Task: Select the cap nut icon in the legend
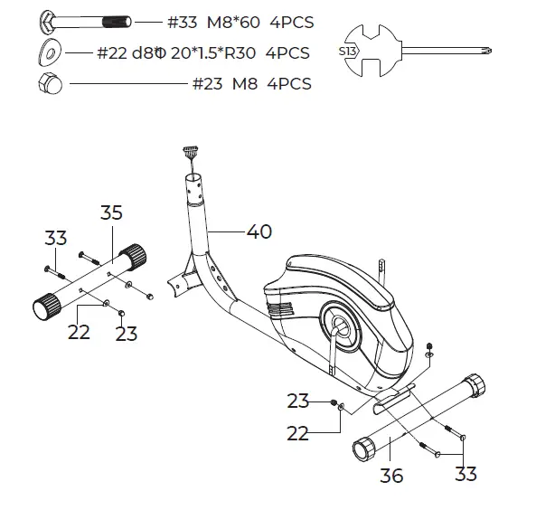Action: (49, 83)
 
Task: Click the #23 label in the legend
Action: (206, 84)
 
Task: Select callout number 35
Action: (111, 213)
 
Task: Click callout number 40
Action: (259, 231)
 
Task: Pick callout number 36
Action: (391, 476)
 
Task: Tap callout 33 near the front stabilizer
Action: (56, 238)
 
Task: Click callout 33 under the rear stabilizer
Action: (465, 474)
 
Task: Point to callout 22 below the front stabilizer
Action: (80, 332)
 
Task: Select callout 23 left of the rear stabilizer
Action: (299, 401)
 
